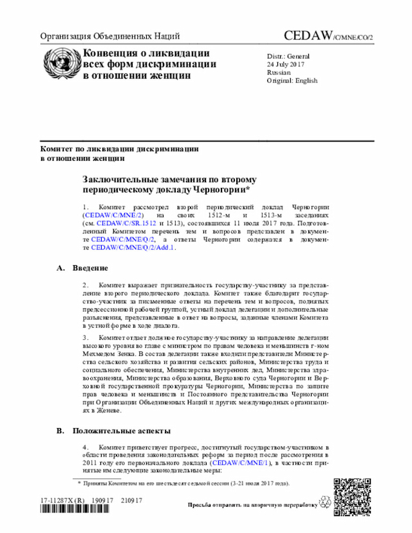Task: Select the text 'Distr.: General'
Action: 289,56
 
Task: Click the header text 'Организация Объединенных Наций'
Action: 110,37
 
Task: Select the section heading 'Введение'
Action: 90,268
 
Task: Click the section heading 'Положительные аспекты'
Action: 121,431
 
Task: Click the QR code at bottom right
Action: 353,495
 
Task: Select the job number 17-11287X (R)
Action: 62,500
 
